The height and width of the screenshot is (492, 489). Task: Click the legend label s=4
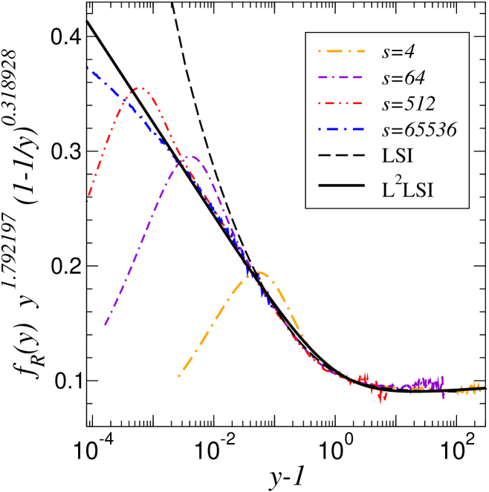point(398,52)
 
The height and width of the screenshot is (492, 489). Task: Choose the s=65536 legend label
point(419,130)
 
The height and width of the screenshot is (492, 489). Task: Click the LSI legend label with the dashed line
point(398,156)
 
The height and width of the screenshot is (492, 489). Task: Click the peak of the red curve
point(139,88)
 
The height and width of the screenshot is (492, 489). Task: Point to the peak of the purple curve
point(192,156)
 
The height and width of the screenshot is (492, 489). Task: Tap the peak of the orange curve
point(258,272)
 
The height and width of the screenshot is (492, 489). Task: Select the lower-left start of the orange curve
point(178,376)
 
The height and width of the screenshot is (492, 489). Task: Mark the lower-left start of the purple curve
point(105,325)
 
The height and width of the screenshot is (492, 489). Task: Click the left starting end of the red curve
point(88,201)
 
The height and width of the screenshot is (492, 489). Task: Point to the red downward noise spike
point(381,401)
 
